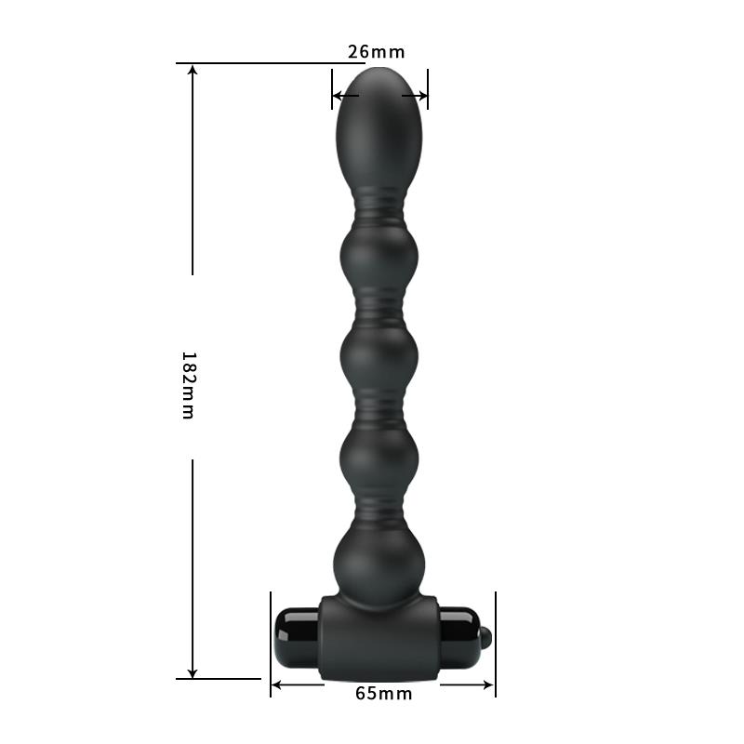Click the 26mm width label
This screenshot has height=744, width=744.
pyautogui.click(x=377, y=52)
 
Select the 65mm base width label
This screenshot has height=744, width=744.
pyautogui.click(x=383, y=693)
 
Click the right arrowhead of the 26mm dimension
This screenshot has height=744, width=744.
pyautogui.click(x=423, y=95)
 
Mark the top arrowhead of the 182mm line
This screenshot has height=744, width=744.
pyautogui.click(x=193, y=71)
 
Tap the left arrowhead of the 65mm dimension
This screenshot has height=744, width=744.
pyautogui.click(x=276, y=686)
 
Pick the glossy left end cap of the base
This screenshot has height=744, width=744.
pyautogui.click(x=298, y=636)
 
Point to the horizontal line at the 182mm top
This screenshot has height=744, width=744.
pyautogui.click(x=251, y=63)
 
